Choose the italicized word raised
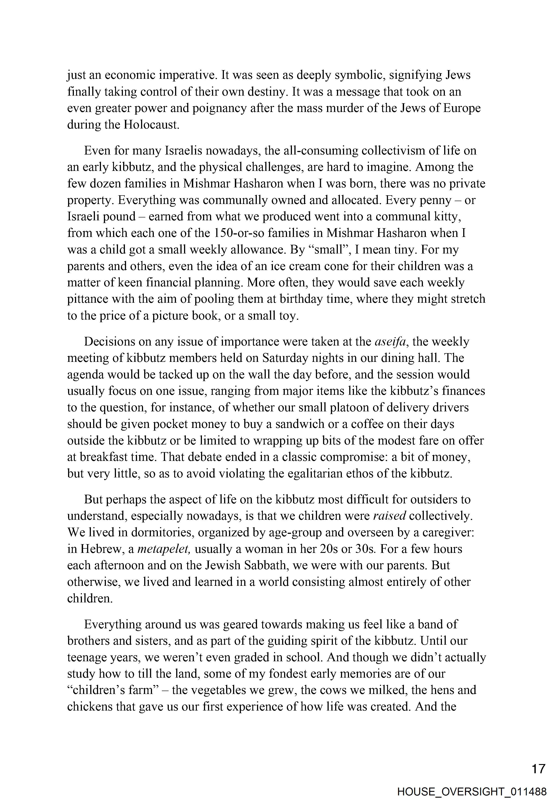click(390, 516)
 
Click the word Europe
click(462, 108)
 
